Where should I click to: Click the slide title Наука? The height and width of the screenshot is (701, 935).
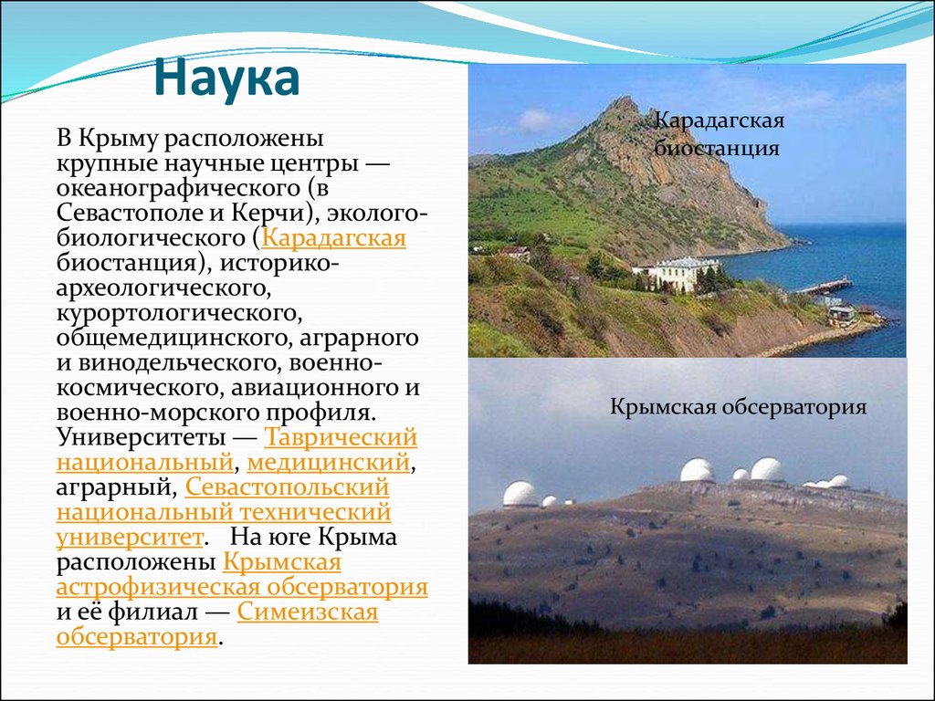point(226,78)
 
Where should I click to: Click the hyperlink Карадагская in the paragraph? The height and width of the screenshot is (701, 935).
point(333,238)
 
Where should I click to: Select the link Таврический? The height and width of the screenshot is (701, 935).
point(341,437)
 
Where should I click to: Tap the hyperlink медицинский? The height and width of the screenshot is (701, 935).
point(328,463)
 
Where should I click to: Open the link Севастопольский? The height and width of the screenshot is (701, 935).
point(287,487)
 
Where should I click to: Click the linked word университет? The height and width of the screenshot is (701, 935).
point(130,538)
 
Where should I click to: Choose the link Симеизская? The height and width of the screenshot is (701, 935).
point(308,612)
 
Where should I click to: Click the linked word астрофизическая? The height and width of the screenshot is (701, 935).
point(158,588)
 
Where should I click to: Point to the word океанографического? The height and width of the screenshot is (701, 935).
point(179,189)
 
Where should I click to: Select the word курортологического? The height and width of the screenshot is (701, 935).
point(176,314)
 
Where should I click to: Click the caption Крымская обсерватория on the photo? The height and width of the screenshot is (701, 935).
point(738,407)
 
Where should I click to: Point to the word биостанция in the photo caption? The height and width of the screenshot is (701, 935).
point(716,147)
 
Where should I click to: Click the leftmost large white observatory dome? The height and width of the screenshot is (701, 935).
point(520,494)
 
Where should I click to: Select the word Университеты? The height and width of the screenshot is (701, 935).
point(141,438)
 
